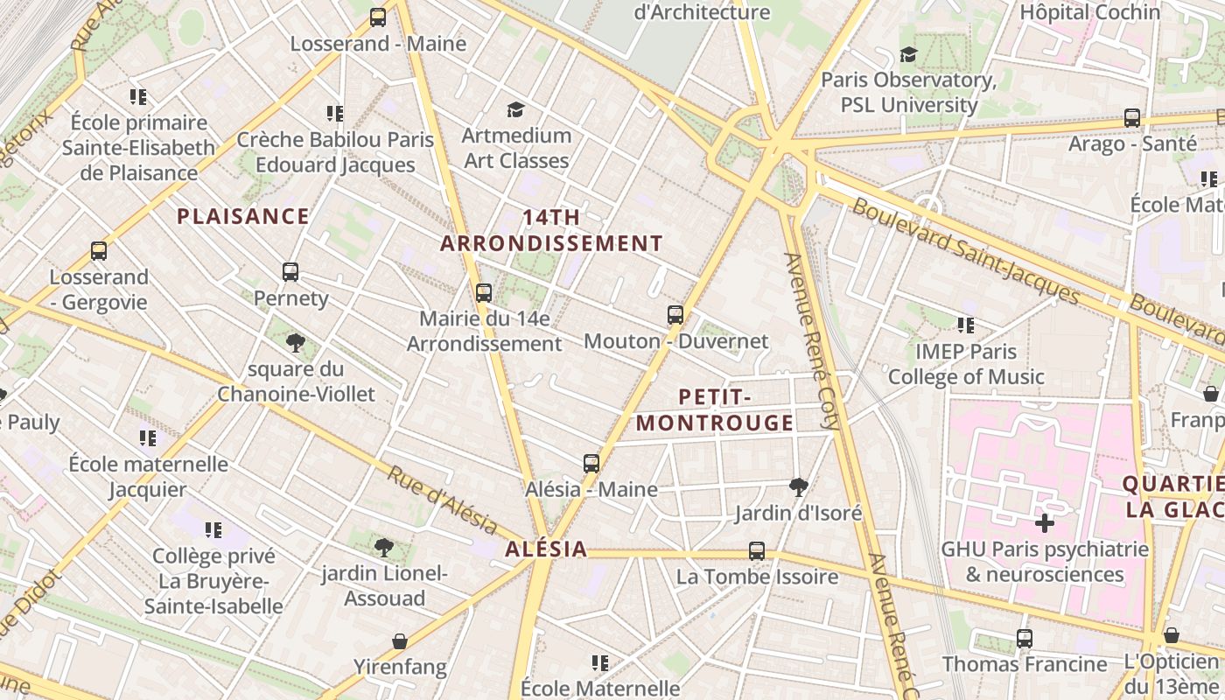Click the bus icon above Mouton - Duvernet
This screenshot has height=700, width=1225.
[x=675, y=315]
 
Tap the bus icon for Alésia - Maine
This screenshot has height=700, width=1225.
[x=591, y=464]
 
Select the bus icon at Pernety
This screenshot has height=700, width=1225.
[x=290, y=272]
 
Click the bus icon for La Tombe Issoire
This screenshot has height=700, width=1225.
[x=757, y=551]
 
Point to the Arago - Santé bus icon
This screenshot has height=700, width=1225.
[x=1131, y=118]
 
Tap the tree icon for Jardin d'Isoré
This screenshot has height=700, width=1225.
[x=798, y=487]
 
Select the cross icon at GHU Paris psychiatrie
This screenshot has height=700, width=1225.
[x=1044, y=524]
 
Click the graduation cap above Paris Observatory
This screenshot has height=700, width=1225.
[x=908, y=55]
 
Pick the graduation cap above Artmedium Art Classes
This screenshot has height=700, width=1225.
[x=515, y=109]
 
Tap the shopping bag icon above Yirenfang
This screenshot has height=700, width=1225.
[x=400, y=642]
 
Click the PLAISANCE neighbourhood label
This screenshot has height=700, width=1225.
[x=243, y=216]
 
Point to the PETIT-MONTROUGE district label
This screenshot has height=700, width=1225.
[x=715, y=410]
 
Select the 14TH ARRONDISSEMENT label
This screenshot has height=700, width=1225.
[x=551, y=231]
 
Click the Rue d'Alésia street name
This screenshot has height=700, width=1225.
[x=442, y=498]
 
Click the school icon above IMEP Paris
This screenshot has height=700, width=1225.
[x=966, y=326]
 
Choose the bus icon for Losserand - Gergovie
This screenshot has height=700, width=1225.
[x=99, y=252]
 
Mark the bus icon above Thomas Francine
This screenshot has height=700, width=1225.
[x=1025, y=639]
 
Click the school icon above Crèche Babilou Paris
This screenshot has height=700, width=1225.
[x=335, y=114]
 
